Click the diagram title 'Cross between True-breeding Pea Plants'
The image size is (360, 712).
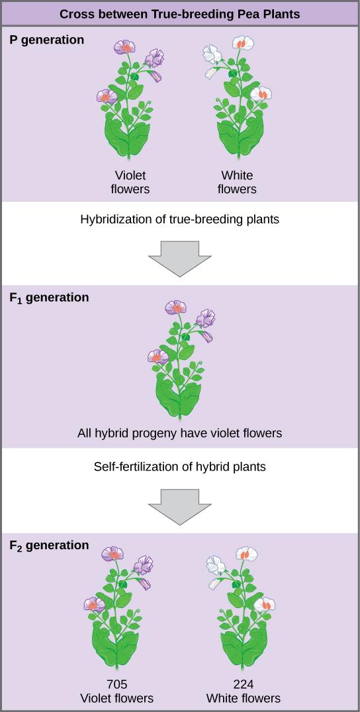[179, 13]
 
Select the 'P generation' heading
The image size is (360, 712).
[47, 40]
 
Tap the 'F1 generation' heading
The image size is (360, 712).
[49, 298]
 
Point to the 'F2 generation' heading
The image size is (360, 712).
[49, 545]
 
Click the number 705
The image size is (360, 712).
[116, 685]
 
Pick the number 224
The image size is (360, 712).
[243, 685]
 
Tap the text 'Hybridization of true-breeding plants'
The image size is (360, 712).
[179, 219]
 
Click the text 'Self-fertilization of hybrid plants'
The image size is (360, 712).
[179, 467]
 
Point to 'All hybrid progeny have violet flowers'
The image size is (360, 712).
[179, 433]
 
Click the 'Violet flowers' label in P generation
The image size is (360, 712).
[130, 182]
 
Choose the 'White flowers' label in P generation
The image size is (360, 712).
[237, 182]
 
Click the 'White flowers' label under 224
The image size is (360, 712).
[243, 698]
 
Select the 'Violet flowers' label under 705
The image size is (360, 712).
[116, 698]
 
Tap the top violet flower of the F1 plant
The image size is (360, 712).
[176, 308]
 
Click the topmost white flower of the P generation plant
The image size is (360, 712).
[243, 44]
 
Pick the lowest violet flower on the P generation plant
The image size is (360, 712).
[107, 97]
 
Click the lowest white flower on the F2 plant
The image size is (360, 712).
[265, 604]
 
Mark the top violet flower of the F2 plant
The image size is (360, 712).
[113, 554]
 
